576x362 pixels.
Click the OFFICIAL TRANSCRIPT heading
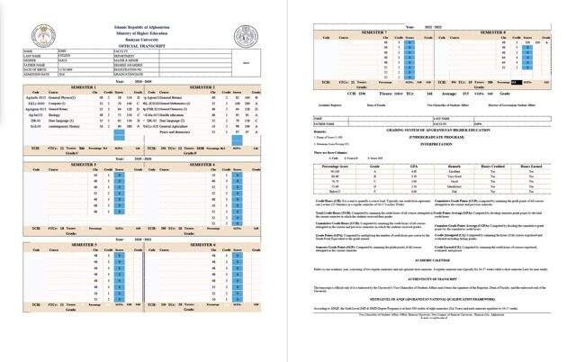coord(145,48)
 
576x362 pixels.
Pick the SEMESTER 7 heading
coord(371,30)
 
